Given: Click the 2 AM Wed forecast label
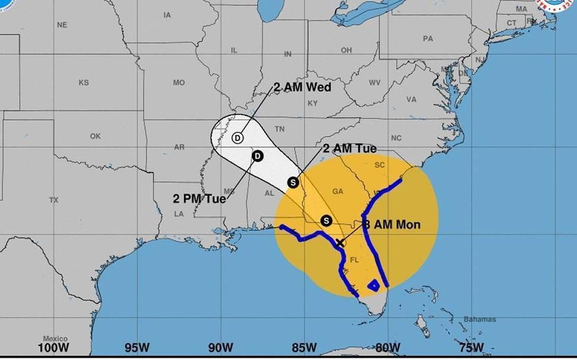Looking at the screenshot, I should coord(302,88).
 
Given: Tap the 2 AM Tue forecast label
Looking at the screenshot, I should coord(349,149).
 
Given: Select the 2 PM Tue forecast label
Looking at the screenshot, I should coord(199,199).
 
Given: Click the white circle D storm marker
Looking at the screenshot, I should coord(238,137).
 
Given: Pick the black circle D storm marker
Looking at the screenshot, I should coord(257,155).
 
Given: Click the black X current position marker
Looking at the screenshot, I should coord(340,243).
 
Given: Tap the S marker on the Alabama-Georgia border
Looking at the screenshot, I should coord(293,182).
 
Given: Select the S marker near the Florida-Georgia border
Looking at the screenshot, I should coord(326,221).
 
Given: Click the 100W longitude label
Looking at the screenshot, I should coord(54,348).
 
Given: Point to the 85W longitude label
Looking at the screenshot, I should coord(304,348).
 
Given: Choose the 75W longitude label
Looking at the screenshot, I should coord(471,348).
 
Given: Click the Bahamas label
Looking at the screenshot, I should coord(480,319).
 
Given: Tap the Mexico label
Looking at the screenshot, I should coord(55,339).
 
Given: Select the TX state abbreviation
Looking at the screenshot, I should coord(54,200).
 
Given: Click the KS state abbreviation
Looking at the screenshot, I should coord(84,83).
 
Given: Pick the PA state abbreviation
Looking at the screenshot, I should coord(428,38).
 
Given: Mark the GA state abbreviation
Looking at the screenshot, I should coord(338,191).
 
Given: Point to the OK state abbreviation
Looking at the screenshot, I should coord(95,136).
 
